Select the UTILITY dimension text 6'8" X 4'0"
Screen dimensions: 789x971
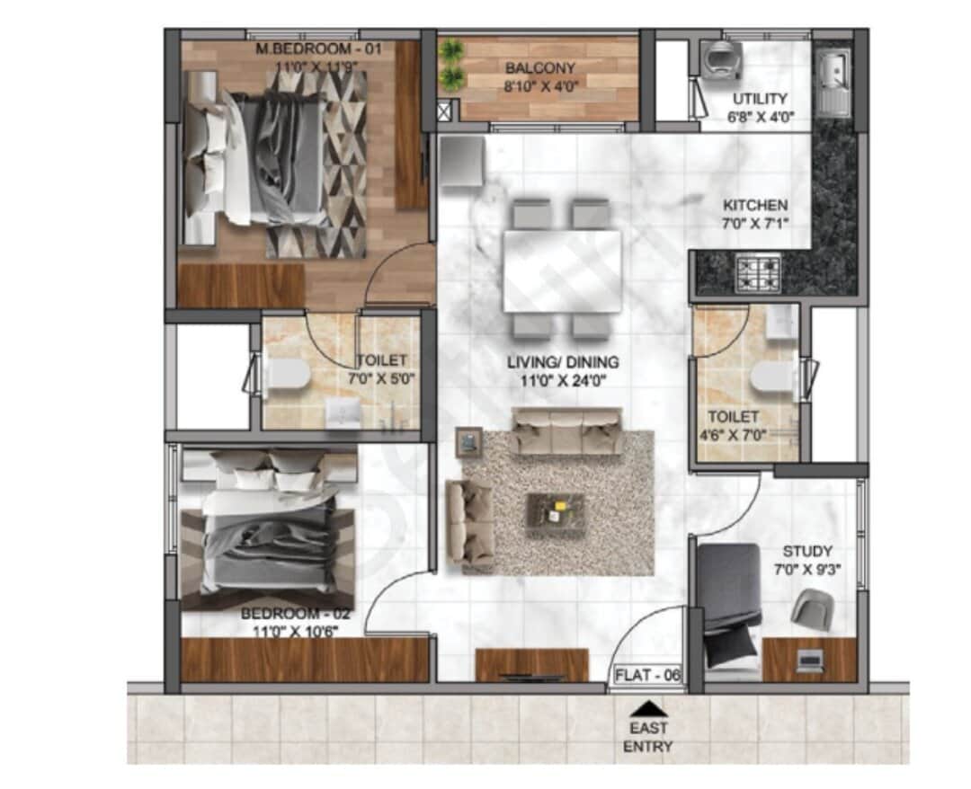tap(759, 116)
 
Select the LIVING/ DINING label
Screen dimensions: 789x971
tap(562, 362)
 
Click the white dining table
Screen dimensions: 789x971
tap(562, 270)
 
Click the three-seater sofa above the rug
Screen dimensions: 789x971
tap(566, 431)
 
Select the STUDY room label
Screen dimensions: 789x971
tap(806, 551)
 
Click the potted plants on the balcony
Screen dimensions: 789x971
tap(451, 64)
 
